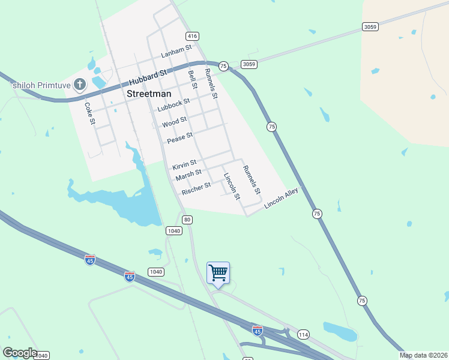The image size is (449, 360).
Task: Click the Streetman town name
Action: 149,94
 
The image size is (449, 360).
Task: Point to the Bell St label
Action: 193,79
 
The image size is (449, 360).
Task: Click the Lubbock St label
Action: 173,105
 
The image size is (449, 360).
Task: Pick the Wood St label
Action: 175,122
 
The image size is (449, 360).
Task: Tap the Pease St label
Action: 179,138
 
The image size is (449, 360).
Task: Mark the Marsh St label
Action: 188,175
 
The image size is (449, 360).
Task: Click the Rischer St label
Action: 196,188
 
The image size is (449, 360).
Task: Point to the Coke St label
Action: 89,113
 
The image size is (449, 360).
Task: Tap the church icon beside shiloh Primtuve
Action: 79,85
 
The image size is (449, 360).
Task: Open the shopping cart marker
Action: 218,273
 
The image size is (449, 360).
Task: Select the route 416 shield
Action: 192,36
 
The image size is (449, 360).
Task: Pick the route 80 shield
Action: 188,220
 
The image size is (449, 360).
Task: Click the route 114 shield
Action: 303,334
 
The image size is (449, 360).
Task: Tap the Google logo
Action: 20,353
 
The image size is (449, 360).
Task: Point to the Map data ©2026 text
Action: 423,355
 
